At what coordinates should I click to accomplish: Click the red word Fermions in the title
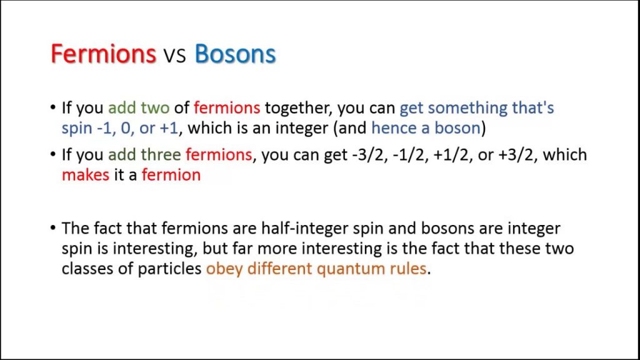103,54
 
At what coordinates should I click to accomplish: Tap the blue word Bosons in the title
235,54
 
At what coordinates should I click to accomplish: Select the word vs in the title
175,55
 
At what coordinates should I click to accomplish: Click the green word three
161,155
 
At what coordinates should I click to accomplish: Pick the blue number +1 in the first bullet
169,129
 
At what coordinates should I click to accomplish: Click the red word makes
86,175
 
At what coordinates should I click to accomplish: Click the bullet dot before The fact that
53,227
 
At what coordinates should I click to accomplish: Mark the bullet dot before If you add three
53,154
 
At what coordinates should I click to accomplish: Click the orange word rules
407,269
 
